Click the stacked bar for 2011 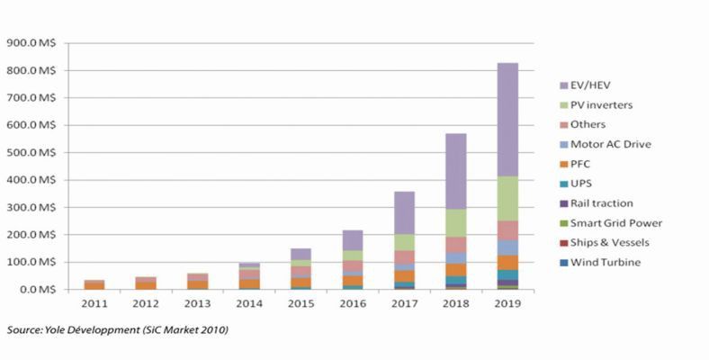[94, 284]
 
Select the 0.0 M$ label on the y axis [36, 290]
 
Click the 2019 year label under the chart [507, 305]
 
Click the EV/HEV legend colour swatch [562, 85]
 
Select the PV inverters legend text [601, 105]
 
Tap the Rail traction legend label [601, 202]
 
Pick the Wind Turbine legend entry [604, 262]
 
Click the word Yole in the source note [53, 330]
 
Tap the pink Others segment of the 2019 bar [507, 230]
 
